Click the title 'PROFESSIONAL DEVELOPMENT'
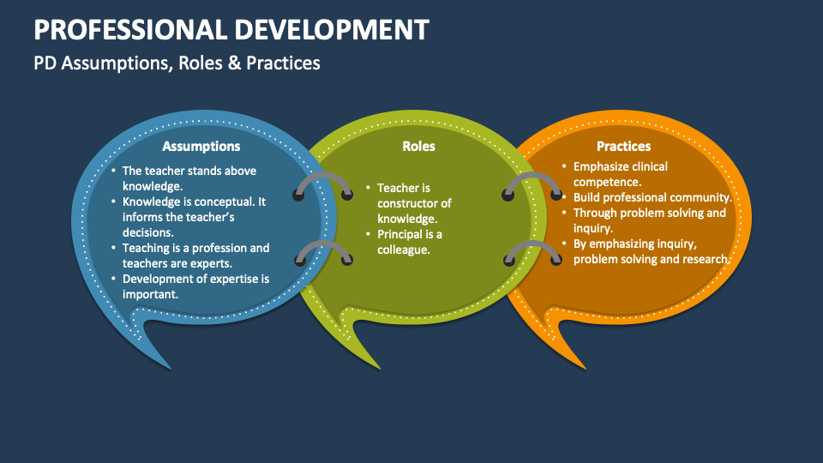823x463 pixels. [x=231, y=29]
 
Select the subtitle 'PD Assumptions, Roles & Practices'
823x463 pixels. [x=177, y=63]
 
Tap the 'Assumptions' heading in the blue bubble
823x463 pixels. [x=201, y=146]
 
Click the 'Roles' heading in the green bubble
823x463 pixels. [x=418, y=146]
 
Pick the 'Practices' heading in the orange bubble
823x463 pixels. [x=623, y=146]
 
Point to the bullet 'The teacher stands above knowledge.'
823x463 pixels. [x=189, y=178]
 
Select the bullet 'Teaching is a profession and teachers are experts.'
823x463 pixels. [x=195, y=256]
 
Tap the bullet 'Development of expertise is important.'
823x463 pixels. [x=195, y=286]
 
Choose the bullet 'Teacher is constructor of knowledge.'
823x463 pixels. [x=413, y=203]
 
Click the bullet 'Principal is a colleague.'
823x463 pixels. [x=409, y=242]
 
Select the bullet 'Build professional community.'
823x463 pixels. [x=652, y=197]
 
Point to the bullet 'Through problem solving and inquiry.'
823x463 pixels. [x=648, y=220]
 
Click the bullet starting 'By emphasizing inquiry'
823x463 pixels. [x=650, y=251]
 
